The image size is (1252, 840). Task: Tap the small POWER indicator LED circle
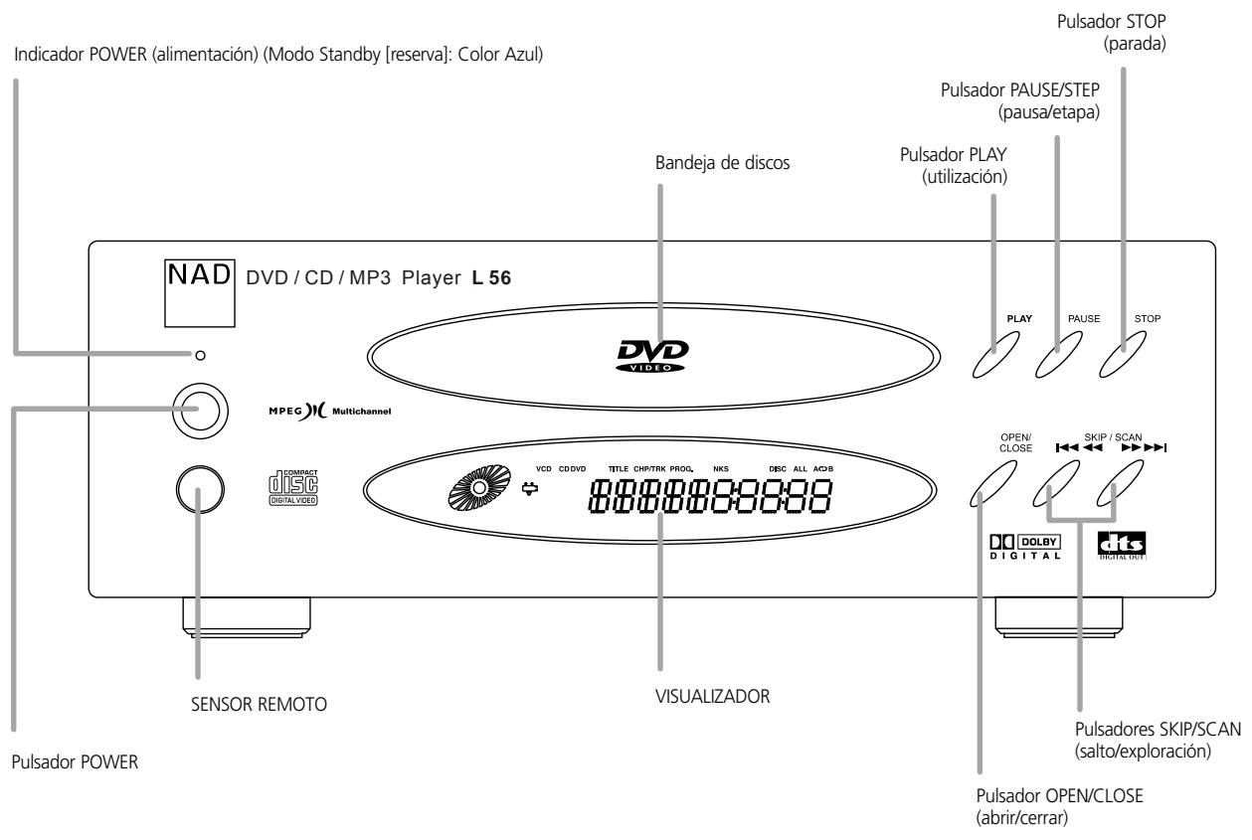pyautogui.click(x=201, y=354)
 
